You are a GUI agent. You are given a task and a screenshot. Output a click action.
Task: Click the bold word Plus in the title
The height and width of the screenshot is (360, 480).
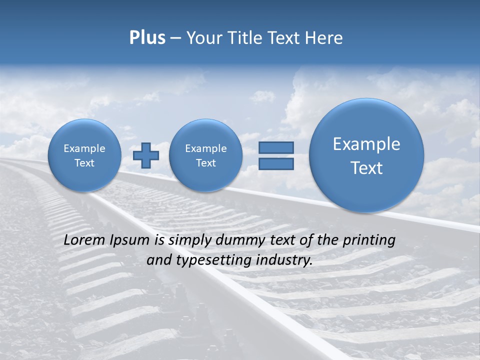(x=147, y=38)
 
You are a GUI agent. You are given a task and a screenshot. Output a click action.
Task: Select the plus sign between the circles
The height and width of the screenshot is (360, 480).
(x=146, y=155)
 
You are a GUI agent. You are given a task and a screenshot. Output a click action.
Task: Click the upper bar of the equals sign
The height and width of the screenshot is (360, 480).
(x=276, y=147)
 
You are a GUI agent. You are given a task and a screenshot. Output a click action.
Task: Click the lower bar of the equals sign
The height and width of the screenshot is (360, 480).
(x=276, y=164)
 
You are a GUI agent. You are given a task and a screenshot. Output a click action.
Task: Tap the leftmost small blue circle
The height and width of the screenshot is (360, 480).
(x=84, y=155)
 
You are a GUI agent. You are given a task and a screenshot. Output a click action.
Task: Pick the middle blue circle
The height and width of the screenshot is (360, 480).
(x=205, y=155)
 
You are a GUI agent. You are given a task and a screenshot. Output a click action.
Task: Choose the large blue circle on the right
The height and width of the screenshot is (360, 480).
(x=366, y=155)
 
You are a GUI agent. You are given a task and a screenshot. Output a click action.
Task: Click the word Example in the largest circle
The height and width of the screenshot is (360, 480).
(x=366, y=144)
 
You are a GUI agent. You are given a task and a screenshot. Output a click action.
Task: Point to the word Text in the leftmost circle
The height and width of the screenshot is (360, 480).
(x=84, y=163)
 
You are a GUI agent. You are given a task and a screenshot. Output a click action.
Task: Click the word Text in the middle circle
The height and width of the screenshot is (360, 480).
(x=205, y=163)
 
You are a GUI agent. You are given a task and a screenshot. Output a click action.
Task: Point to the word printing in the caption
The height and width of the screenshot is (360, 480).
(x=368, y=240)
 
